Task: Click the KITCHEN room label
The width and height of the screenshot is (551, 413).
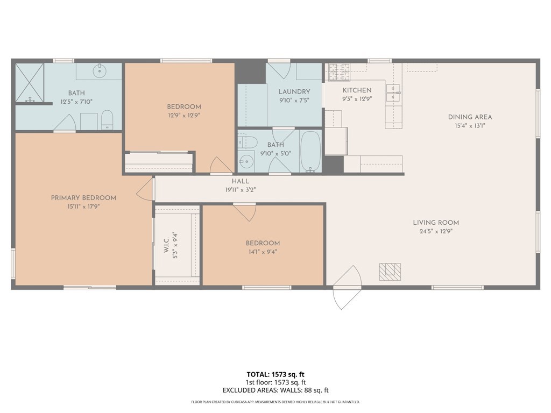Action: (357, 90)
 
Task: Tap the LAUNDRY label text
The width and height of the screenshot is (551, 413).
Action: (294, 91)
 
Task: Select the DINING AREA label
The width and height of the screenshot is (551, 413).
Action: (470, 117)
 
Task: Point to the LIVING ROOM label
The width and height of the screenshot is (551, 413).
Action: (436, 222)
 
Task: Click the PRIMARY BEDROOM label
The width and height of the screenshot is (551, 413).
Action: (83, 198)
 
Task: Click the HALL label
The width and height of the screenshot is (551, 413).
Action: (241, 181)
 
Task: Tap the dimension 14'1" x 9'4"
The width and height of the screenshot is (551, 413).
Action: (263, 252)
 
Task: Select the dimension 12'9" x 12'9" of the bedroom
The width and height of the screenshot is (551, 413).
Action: (184, 115)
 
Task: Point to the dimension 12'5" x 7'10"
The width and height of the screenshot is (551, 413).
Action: (76, 102)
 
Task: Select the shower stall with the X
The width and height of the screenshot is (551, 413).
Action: (30, 83)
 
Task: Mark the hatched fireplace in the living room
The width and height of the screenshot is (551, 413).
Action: (390, 272)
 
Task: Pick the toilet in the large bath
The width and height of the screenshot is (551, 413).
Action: (107, 120)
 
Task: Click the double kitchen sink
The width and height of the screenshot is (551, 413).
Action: (393, 92)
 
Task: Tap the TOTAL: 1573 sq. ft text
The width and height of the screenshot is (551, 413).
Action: (275, 374)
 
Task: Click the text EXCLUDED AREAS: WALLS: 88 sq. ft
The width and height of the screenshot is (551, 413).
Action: (275, 390)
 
